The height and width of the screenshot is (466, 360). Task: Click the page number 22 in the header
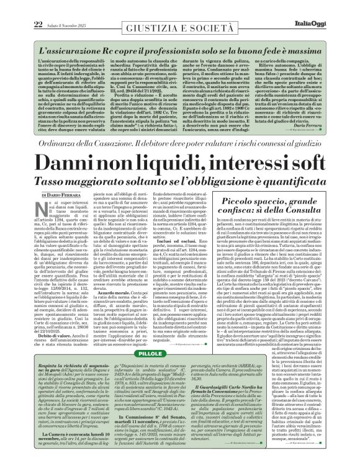20,7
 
